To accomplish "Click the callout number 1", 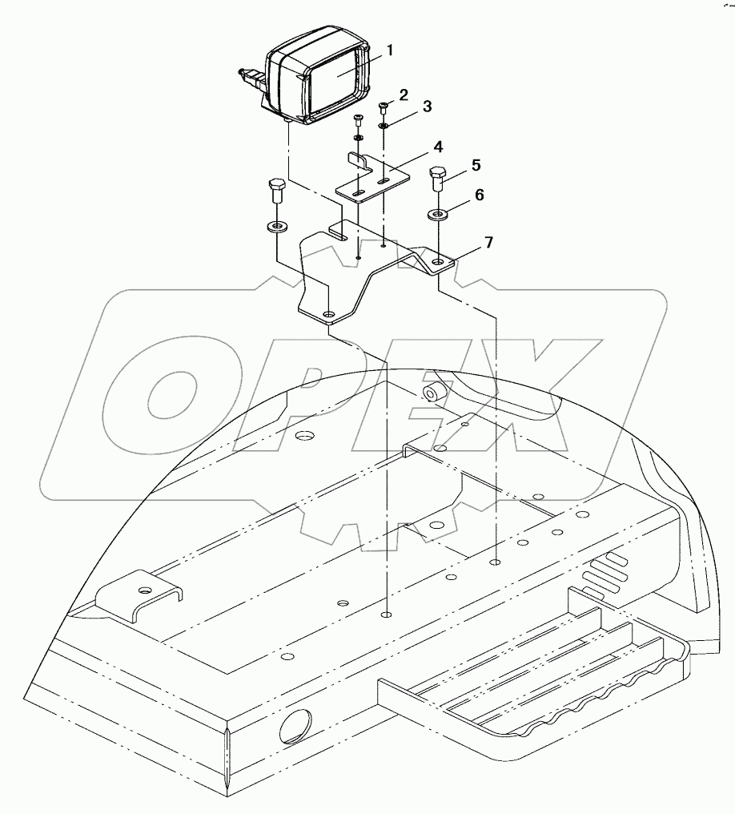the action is tap(390, 51).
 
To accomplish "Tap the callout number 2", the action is tap(403, 95).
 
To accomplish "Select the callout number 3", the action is tap(427, 107).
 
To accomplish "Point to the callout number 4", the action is tap(438, 147).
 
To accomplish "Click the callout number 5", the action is tap(476, 166).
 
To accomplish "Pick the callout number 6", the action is tap(480, 195).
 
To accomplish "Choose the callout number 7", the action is tap(488, 242).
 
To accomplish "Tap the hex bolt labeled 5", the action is tap(438, 178).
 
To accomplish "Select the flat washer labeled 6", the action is tap(439, 213).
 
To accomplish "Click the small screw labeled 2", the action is tap(382, 108).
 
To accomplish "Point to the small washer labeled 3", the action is tap(383, 125).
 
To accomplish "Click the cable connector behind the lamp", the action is tap(251, 79).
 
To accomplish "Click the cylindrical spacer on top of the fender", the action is tap(433, 393).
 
